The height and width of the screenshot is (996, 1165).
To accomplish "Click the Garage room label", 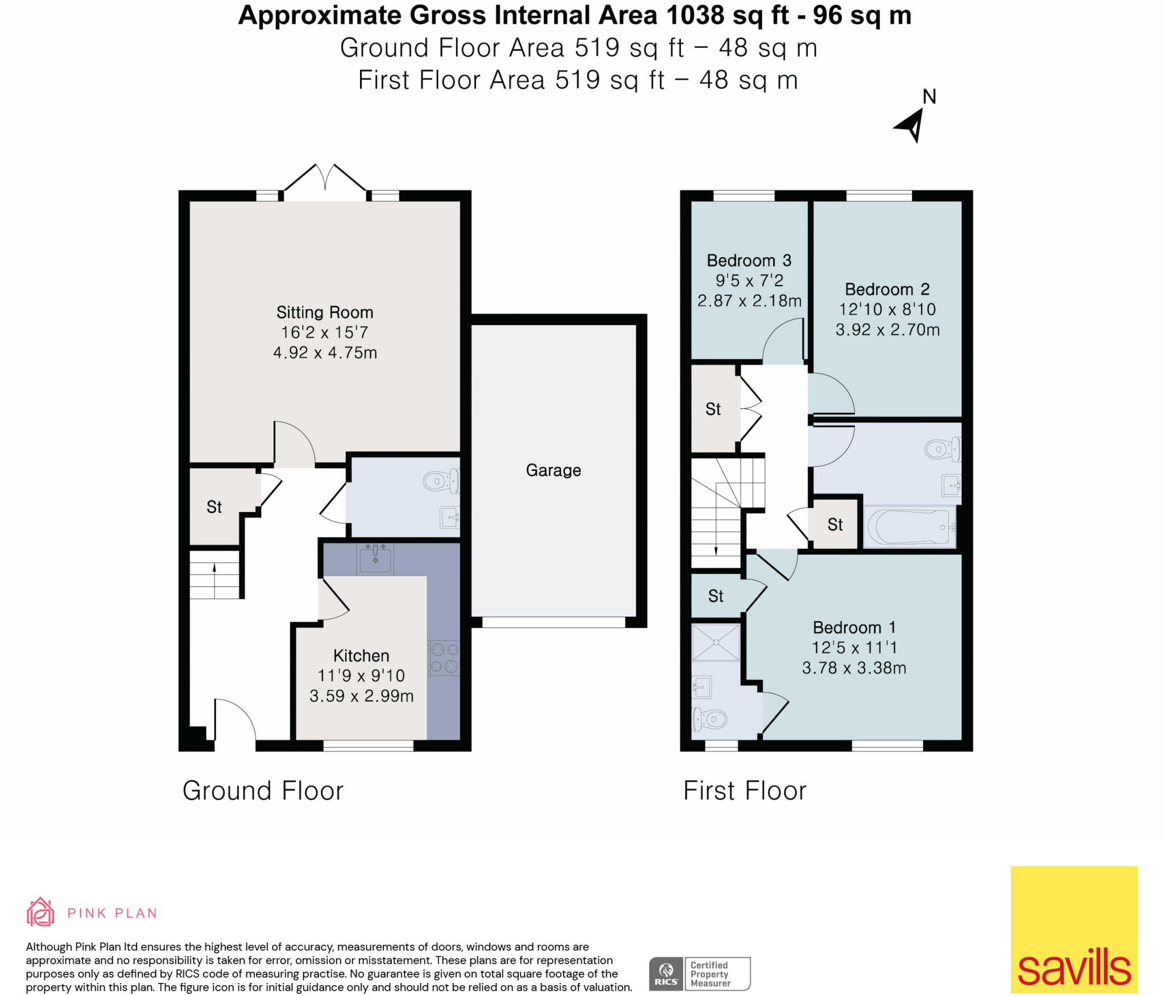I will coord(553,470).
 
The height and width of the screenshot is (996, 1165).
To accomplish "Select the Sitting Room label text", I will coord(324,312).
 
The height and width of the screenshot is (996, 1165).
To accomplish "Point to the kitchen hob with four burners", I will coord(444,658).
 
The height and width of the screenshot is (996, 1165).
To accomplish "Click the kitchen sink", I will coord(375,558).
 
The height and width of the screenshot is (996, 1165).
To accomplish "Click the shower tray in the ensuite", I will coord(716,643).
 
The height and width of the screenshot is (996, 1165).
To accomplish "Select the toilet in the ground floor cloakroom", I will coord(440,481).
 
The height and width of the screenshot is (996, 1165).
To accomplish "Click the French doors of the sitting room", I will coord(325,181).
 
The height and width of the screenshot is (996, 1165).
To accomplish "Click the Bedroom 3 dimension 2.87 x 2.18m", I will coord(749,301).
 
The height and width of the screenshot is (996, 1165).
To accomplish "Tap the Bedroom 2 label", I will coord(887,290).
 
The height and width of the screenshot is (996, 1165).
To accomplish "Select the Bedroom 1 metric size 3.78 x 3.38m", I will coord(854,668).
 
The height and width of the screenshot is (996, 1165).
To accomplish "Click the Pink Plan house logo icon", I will coord(40,913).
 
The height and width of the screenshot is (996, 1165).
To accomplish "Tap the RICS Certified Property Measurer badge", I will coord(699,974).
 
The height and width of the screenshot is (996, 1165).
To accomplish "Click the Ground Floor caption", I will coord(263,791).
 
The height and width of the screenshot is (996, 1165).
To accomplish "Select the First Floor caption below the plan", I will coord(745,791).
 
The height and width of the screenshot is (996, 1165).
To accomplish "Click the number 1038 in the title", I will coord(695,15).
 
